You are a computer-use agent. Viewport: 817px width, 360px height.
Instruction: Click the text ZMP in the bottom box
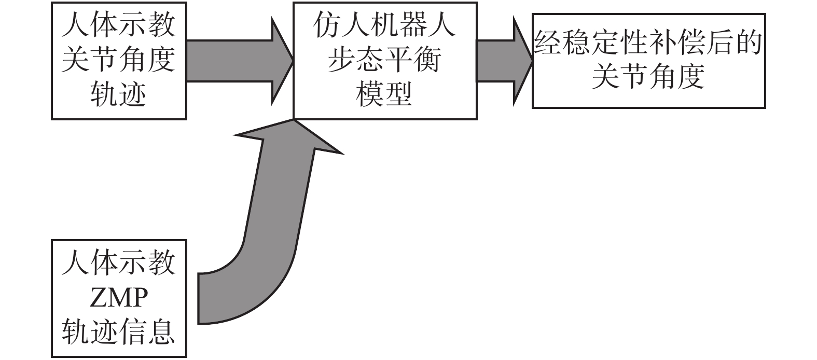pyautogui.click(x=119, y=298)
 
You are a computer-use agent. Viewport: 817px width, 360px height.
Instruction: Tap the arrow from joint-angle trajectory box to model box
pyautogui.click(x=239, y=61)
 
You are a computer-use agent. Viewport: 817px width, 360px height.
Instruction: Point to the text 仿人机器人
pyautogui.click(x=384, y=26)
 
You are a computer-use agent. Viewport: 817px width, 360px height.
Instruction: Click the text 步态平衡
pyautogui.click(x=384, y=61)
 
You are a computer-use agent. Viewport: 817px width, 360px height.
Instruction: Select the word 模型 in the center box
pyautogui.click(x=384, y=94)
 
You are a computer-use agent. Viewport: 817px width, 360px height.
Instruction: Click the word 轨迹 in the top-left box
pyautogui.click(x=119, y=94)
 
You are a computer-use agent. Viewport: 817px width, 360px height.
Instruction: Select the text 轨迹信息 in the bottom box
pyautogui.click(x=119, y=332)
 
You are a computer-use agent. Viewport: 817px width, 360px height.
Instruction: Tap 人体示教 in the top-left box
pyautogui.click(x=119, y=26)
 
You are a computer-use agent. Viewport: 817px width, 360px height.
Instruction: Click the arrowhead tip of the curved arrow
pyautogui.click(x=294, y=121)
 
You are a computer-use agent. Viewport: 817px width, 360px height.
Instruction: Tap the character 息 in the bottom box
pyautogui.click(x=162, y=332)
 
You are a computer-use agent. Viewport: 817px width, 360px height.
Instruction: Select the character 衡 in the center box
pyautogui.click(x=427, y=61)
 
